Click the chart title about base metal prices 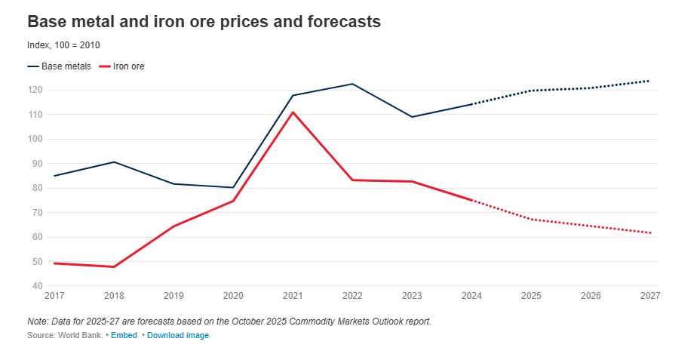point(204,22)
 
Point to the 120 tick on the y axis point(35,90)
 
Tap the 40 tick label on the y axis point(37,286)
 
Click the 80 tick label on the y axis point(37,188)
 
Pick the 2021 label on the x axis point(293,295)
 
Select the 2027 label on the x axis point(649,295)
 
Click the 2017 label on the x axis point(54,295)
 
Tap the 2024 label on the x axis point(471,295)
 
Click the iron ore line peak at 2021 point(293,112)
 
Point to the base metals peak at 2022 point(352,84)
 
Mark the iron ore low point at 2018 point(114,266)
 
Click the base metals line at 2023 point(412,117)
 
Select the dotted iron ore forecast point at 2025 point(531,219)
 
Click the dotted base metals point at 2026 point(591,88)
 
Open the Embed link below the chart point(124,335)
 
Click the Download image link point(178,335)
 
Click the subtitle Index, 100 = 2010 point(63,45)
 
